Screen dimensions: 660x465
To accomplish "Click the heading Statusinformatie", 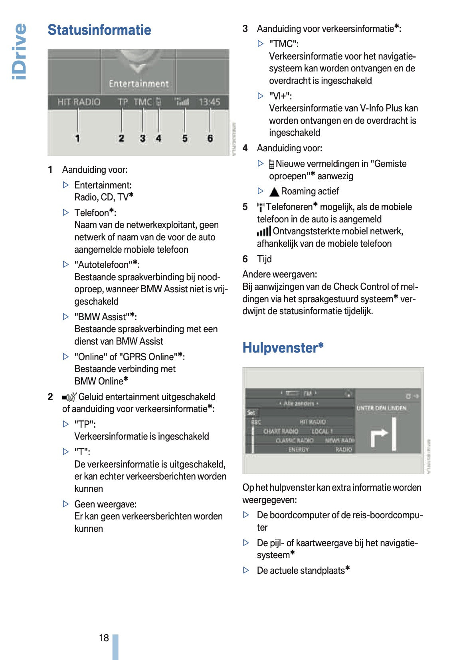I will [99, 30].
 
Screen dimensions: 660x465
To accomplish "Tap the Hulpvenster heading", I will [283, 348].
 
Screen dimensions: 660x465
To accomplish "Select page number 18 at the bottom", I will [104, 638].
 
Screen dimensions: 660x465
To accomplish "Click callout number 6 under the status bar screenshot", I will [210, 139].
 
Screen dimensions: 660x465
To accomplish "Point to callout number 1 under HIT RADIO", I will [77, 139].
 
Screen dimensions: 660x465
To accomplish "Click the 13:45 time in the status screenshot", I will [210, 102].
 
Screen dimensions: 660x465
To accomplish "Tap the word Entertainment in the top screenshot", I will [139, 84].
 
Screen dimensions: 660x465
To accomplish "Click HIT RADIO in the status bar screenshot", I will [79, 102].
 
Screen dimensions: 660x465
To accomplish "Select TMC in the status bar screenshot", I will [142, 102].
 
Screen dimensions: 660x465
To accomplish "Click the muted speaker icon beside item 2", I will [69, 397].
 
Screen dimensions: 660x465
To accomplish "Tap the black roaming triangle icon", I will [274, 192].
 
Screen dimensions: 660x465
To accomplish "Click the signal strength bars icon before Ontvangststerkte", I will [264, 232].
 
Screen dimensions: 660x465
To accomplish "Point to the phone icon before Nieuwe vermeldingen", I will [272, 164].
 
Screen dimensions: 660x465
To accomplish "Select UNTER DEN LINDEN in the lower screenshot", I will [381, 408].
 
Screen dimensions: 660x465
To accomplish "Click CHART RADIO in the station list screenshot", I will [281, 431].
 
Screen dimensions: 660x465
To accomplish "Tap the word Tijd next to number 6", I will [264, 259].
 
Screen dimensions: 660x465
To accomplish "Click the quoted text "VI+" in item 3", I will [280, 96].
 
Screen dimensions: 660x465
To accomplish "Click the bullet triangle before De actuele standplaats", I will [246, 570].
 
